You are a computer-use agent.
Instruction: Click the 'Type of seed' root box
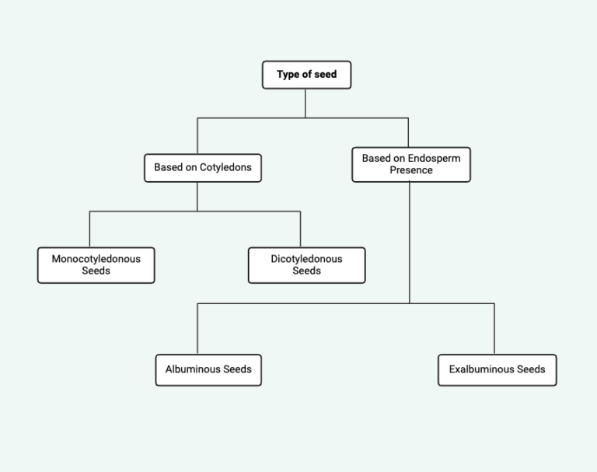tap(306, 75)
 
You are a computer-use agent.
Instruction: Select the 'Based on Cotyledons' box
tap(202, 167)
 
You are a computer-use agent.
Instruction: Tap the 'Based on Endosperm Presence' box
tap(410, 164)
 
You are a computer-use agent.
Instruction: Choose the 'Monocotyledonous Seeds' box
tap(96, 265)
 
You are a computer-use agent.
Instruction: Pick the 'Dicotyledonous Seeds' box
tap(306, 265)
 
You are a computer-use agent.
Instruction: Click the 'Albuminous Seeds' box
tap(208, 369)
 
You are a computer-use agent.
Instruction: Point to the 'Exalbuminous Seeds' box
tap(497, 369)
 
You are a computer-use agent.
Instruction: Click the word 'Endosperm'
tap(434, 159)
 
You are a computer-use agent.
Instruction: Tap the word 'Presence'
tap(411, 170)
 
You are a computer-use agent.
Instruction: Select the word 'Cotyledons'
tap(225, 167)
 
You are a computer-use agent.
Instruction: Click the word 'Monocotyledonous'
tap(96, 259)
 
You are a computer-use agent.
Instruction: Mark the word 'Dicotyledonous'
tap(306, 259)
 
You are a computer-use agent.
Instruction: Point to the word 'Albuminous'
tap(190, 369)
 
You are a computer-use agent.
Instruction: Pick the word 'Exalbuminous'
tap(480, 369)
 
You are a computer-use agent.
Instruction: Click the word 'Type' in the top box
tap(288, 75)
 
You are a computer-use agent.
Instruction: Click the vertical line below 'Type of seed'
tap(305, 103)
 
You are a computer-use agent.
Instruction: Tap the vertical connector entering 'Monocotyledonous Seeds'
tap(89, 229)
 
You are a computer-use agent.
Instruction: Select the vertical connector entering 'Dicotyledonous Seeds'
tap(300, 229)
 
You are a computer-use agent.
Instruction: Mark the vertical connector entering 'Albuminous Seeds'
tap(197, 328)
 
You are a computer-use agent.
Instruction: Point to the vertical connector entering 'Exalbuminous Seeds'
tap(494, 328)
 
